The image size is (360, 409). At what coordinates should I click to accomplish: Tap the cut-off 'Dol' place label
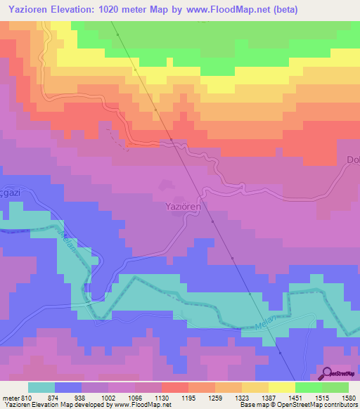[x=352, y=160]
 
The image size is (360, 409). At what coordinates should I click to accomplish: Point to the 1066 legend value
[x=135, y=398]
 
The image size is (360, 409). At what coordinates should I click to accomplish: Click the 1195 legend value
[x=188, y=398]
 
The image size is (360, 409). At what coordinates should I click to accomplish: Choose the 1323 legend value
[x=242, y=398]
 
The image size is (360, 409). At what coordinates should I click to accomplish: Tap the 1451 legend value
[x=295, y=398]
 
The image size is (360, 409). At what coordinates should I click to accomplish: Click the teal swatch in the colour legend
[x=41, y=387]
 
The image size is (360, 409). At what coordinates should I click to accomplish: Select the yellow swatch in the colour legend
[x=282, y=387]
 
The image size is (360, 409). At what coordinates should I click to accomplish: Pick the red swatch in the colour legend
[x=175, y=387]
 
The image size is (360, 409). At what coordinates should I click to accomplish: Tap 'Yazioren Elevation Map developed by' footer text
[x=49, y=405]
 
